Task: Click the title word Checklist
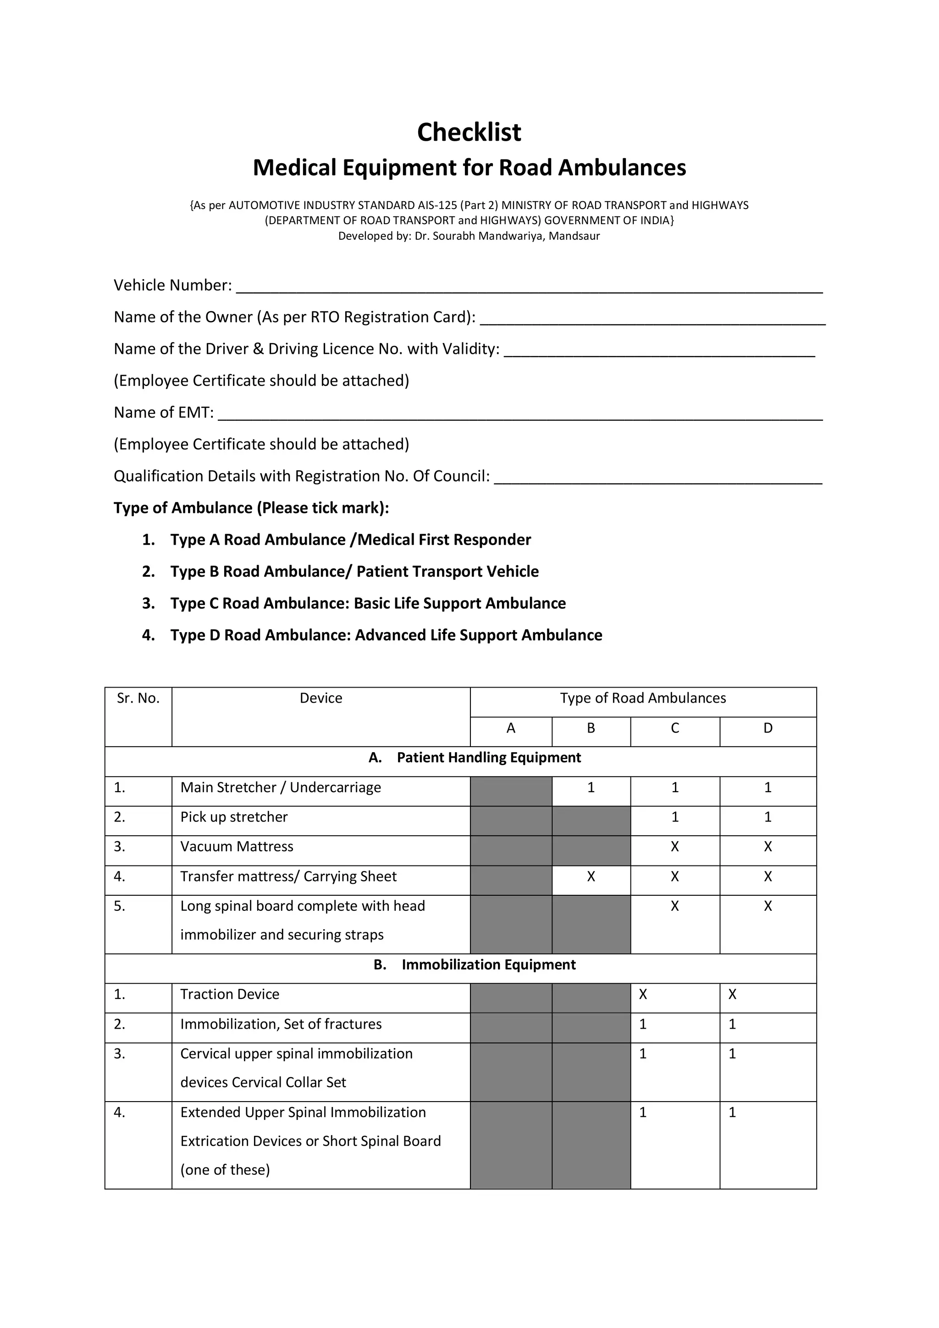[x=469, y=132]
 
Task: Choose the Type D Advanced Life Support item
[x=386, y=635]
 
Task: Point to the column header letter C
[x=674, y=728]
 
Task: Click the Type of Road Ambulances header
[x=642, y=698]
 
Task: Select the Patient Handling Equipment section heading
[x=488, y=758]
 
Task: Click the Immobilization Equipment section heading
[x=488, y=965]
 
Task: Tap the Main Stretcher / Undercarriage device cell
[x=281, y=788]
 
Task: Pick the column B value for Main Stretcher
[x=591, y=788]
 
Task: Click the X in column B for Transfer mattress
[x=591, y=877]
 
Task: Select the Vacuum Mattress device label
[x=237, y=847]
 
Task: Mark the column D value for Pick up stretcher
[x=768, y=817]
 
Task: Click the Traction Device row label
[x=230, y=994]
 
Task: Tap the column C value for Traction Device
[x=643, y=994]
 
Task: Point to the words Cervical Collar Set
[x=289, y=1083]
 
